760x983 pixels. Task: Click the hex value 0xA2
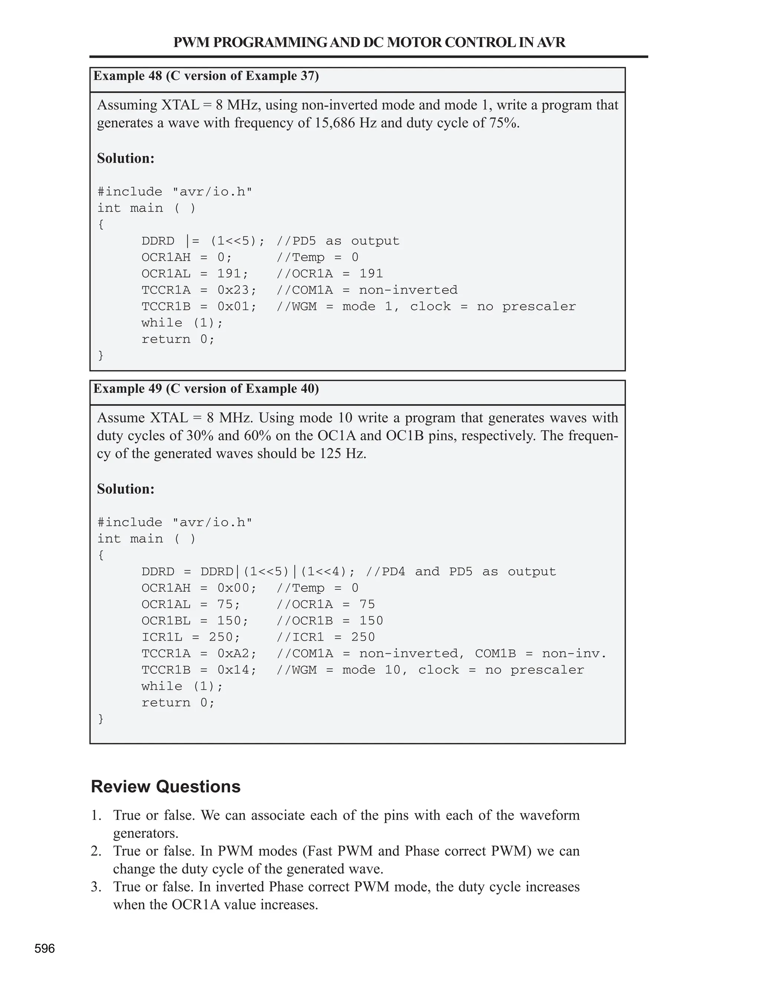click(x=236, y=654)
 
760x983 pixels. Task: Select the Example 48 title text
click(x=206, y=76)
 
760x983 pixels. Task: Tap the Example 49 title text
click(x=206, y=389)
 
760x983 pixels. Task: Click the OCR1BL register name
click(x=166, y=621)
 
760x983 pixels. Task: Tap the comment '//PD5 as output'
click(x=338, y=241)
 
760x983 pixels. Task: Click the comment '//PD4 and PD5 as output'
click(x=461, y=572)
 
